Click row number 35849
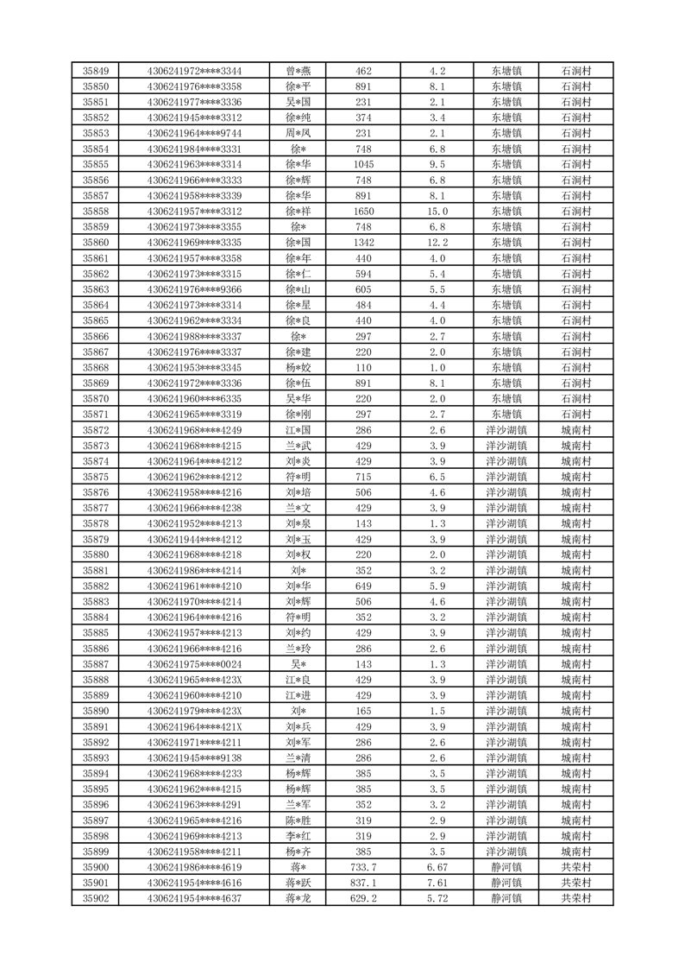(95, 71)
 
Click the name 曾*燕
(299, 71)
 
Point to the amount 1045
(363, 164)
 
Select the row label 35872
(95, 430)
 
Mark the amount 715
(363, 477)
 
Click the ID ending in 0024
(194, 664)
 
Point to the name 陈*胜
(299, 820)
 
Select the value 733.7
(363, 867)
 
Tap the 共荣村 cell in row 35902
(575, 898)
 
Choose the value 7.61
(437, 883)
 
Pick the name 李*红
(299, 836)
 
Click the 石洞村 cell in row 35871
(575, 415)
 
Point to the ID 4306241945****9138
(194, 758)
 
